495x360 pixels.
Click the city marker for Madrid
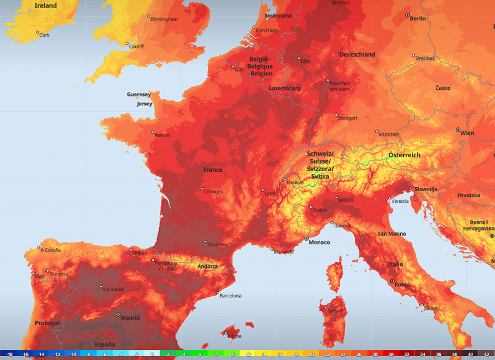pos(118,314)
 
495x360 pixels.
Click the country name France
pos(213,170)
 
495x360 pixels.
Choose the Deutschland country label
pos(357,55)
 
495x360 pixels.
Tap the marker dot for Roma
pos(392,281)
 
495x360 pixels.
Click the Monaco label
pos(320,242)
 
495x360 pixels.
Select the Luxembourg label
pos(285,89)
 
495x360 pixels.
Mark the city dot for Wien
pos(458,130)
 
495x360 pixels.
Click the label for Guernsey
pos(139,94)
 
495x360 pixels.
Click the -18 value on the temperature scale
pos(9,354)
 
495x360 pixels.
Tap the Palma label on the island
pos(234,336)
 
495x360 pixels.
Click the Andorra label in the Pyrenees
pos(207,267)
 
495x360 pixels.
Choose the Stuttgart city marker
pos(336,115)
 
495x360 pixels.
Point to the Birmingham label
pos(164,19)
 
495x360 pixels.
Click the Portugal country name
pos(47,323)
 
